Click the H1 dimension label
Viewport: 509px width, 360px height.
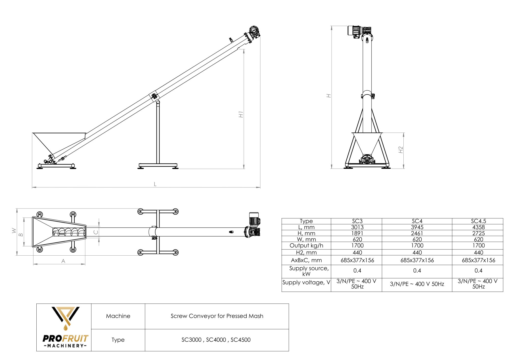pos(241,114)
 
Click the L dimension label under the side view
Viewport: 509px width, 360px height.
pos(155,184)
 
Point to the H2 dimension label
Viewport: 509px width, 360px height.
pos(401,150)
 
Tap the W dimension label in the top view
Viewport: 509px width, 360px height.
pos(14,231)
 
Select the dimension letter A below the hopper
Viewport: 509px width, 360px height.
pos(63,261)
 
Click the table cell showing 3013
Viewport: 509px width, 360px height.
pos(357,227)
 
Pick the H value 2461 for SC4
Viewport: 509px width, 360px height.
pos(417,233)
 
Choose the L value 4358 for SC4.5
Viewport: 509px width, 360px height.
pos(478,227)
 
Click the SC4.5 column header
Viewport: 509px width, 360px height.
pos(478,221)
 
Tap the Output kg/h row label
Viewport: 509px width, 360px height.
pos(306,245)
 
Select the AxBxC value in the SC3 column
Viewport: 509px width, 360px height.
pos(357,260)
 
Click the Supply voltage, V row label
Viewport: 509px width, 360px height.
pos(306,282)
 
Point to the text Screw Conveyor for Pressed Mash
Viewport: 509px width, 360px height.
pos(217,316)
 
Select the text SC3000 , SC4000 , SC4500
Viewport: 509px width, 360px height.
pos(216,340)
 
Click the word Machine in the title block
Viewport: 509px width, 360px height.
pos(118,316)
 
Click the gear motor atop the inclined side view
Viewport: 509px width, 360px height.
pos(254,32)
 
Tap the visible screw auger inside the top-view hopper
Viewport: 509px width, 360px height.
pos(69,232)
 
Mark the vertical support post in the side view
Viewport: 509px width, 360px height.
pos(158,132)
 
